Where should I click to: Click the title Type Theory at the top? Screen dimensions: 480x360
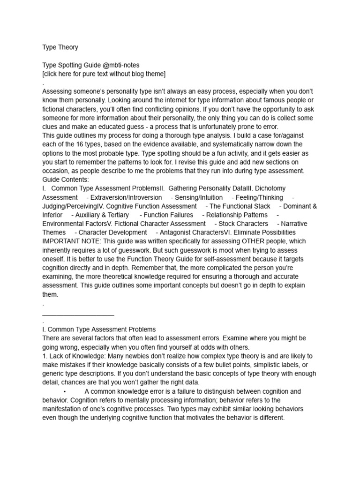(x=60, y=47)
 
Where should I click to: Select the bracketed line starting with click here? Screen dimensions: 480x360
(x=104, y=74)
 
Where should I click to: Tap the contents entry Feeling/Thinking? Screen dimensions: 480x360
(x=259, y=197)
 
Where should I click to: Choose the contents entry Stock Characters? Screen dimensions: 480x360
(x=243, y=224)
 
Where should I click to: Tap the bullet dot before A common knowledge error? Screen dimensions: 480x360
(x=64, y=391)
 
